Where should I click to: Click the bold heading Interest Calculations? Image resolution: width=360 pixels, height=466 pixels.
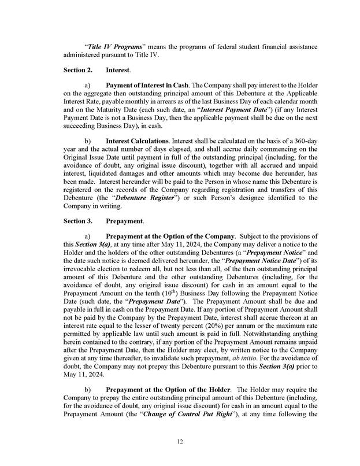pos(136,140)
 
